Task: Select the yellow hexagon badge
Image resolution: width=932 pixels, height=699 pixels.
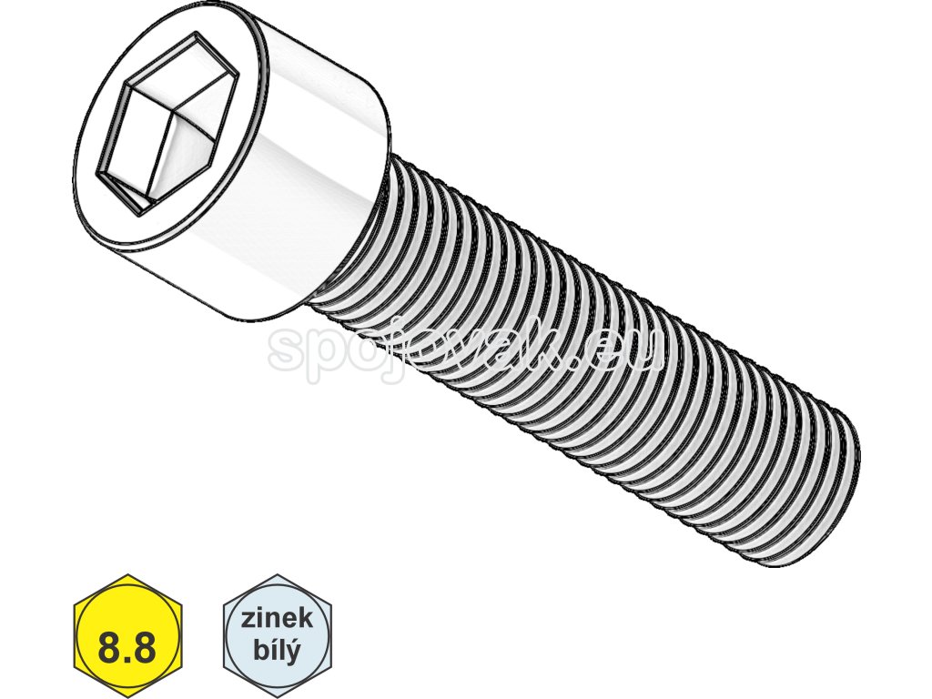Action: click(x=128, y=635)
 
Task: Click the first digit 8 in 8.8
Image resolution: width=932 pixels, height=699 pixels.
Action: click(x=109, y=650)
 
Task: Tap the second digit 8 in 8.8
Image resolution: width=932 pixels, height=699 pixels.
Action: click(x=147, y=650)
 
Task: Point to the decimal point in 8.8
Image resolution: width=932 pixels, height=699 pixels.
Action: click(x=128, y=661)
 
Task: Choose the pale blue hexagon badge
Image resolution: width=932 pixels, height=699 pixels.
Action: click(x=278, y=635)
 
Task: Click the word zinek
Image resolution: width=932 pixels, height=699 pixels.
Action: click(x=278, y=620)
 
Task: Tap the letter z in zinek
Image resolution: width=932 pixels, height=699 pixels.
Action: click(x=248, y=621)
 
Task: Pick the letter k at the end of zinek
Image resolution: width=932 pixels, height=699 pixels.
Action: click(x=306, y=620)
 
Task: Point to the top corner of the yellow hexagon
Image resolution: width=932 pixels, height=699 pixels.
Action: click(x=128, y=575)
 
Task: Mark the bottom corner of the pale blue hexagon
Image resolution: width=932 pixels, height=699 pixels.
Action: click(x=278, y=695)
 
